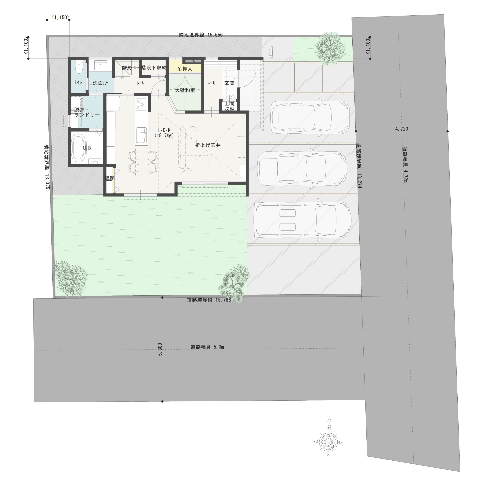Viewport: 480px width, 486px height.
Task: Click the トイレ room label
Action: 78,83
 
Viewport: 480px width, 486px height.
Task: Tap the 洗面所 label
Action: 100,83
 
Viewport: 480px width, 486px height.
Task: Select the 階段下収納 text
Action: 154,68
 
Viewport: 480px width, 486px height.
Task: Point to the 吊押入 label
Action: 185,69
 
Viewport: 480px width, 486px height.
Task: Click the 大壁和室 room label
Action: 185,90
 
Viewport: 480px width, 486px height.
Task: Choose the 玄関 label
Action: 229,83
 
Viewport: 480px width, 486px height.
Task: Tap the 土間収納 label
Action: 229,106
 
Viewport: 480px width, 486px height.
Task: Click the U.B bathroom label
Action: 87,148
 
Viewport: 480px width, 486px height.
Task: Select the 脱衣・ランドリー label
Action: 87,112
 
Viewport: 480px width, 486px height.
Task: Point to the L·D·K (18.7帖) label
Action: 164,133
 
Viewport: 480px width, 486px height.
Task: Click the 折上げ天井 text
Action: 208,145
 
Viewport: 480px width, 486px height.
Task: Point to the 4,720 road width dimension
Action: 402,129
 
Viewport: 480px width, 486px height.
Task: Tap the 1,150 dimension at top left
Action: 60,17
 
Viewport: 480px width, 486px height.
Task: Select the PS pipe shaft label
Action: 193,61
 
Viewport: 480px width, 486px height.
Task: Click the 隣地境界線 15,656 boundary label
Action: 201,35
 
